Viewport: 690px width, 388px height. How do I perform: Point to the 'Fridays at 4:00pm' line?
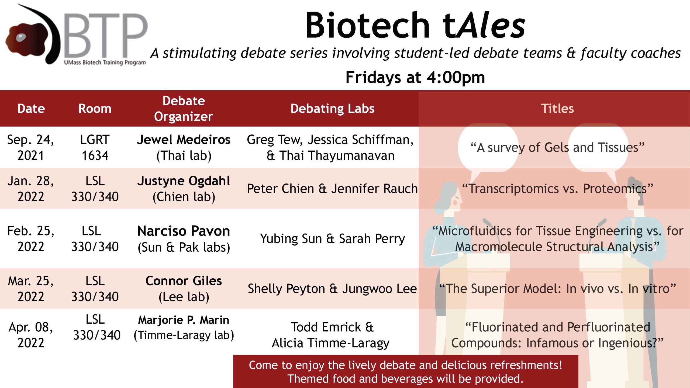coord(415,78)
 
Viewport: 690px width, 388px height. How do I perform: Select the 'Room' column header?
coord(95,109)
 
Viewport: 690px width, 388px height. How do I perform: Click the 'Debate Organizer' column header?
coord(184,109)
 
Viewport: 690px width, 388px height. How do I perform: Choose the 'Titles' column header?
coord(557,109)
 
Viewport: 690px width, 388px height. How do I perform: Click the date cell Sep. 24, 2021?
coord(31,147)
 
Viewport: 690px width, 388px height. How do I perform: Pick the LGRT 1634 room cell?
coord(95,147)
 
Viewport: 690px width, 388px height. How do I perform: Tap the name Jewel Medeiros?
coord(184,140)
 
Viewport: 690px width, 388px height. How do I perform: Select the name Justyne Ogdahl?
coord(184,181)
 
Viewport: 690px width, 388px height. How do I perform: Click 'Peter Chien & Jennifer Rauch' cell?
coord(332,189)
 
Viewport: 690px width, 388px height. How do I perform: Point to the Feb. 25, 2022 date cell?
coord(31,239)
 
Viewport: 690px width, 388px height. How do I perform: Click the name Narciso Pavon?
coord(184,231)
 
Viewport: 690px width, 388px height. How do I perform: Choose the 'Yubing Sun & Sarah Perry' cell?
coord(332,239)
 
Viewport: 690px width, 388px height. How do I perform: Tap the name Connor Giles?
coord(184,281)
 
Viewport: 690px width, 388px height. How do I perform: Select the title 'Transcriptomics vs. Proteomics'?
coord(557,189)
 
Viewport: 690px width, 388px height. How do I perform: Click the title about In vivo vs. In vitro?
coord(557,289)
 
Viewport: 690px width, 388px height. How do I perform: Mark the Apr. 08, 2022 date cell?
coord(31,335)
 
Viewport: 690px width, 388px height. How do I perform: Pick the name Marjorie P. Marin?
coord(184,320)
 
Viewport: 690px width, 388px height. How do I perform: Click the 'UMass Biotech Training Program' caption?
coord(105,63)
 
